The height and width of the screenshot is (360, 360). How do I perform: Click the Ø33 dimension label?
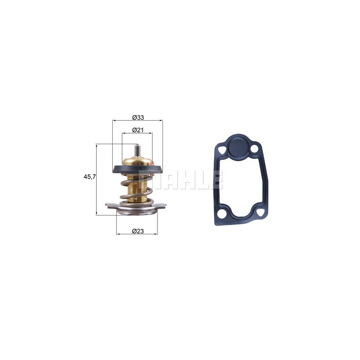pyautogui.click(x=138, y=117)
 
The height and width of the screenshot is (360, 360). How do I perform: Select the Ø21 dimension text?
pyautogui.click(x=138, y=130)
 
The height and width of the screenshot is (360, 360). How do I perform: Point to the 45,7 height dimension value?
pyautogui.click(x=89, y=176)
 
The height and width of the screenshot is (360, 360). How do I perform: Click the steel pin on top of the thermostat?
pyautogui.click(x=137, y=150)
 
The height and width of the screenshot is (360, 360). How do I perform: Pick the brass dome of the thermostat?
pyautogui.click(x=138, y=162)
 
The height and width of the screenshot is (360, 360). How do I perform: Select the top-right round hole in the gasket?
pyautogui.click(x=254, y=150)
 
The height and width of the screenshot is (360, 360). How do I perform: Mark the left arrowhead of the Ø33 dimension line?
pyautogui.click(x=114, y=120)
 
